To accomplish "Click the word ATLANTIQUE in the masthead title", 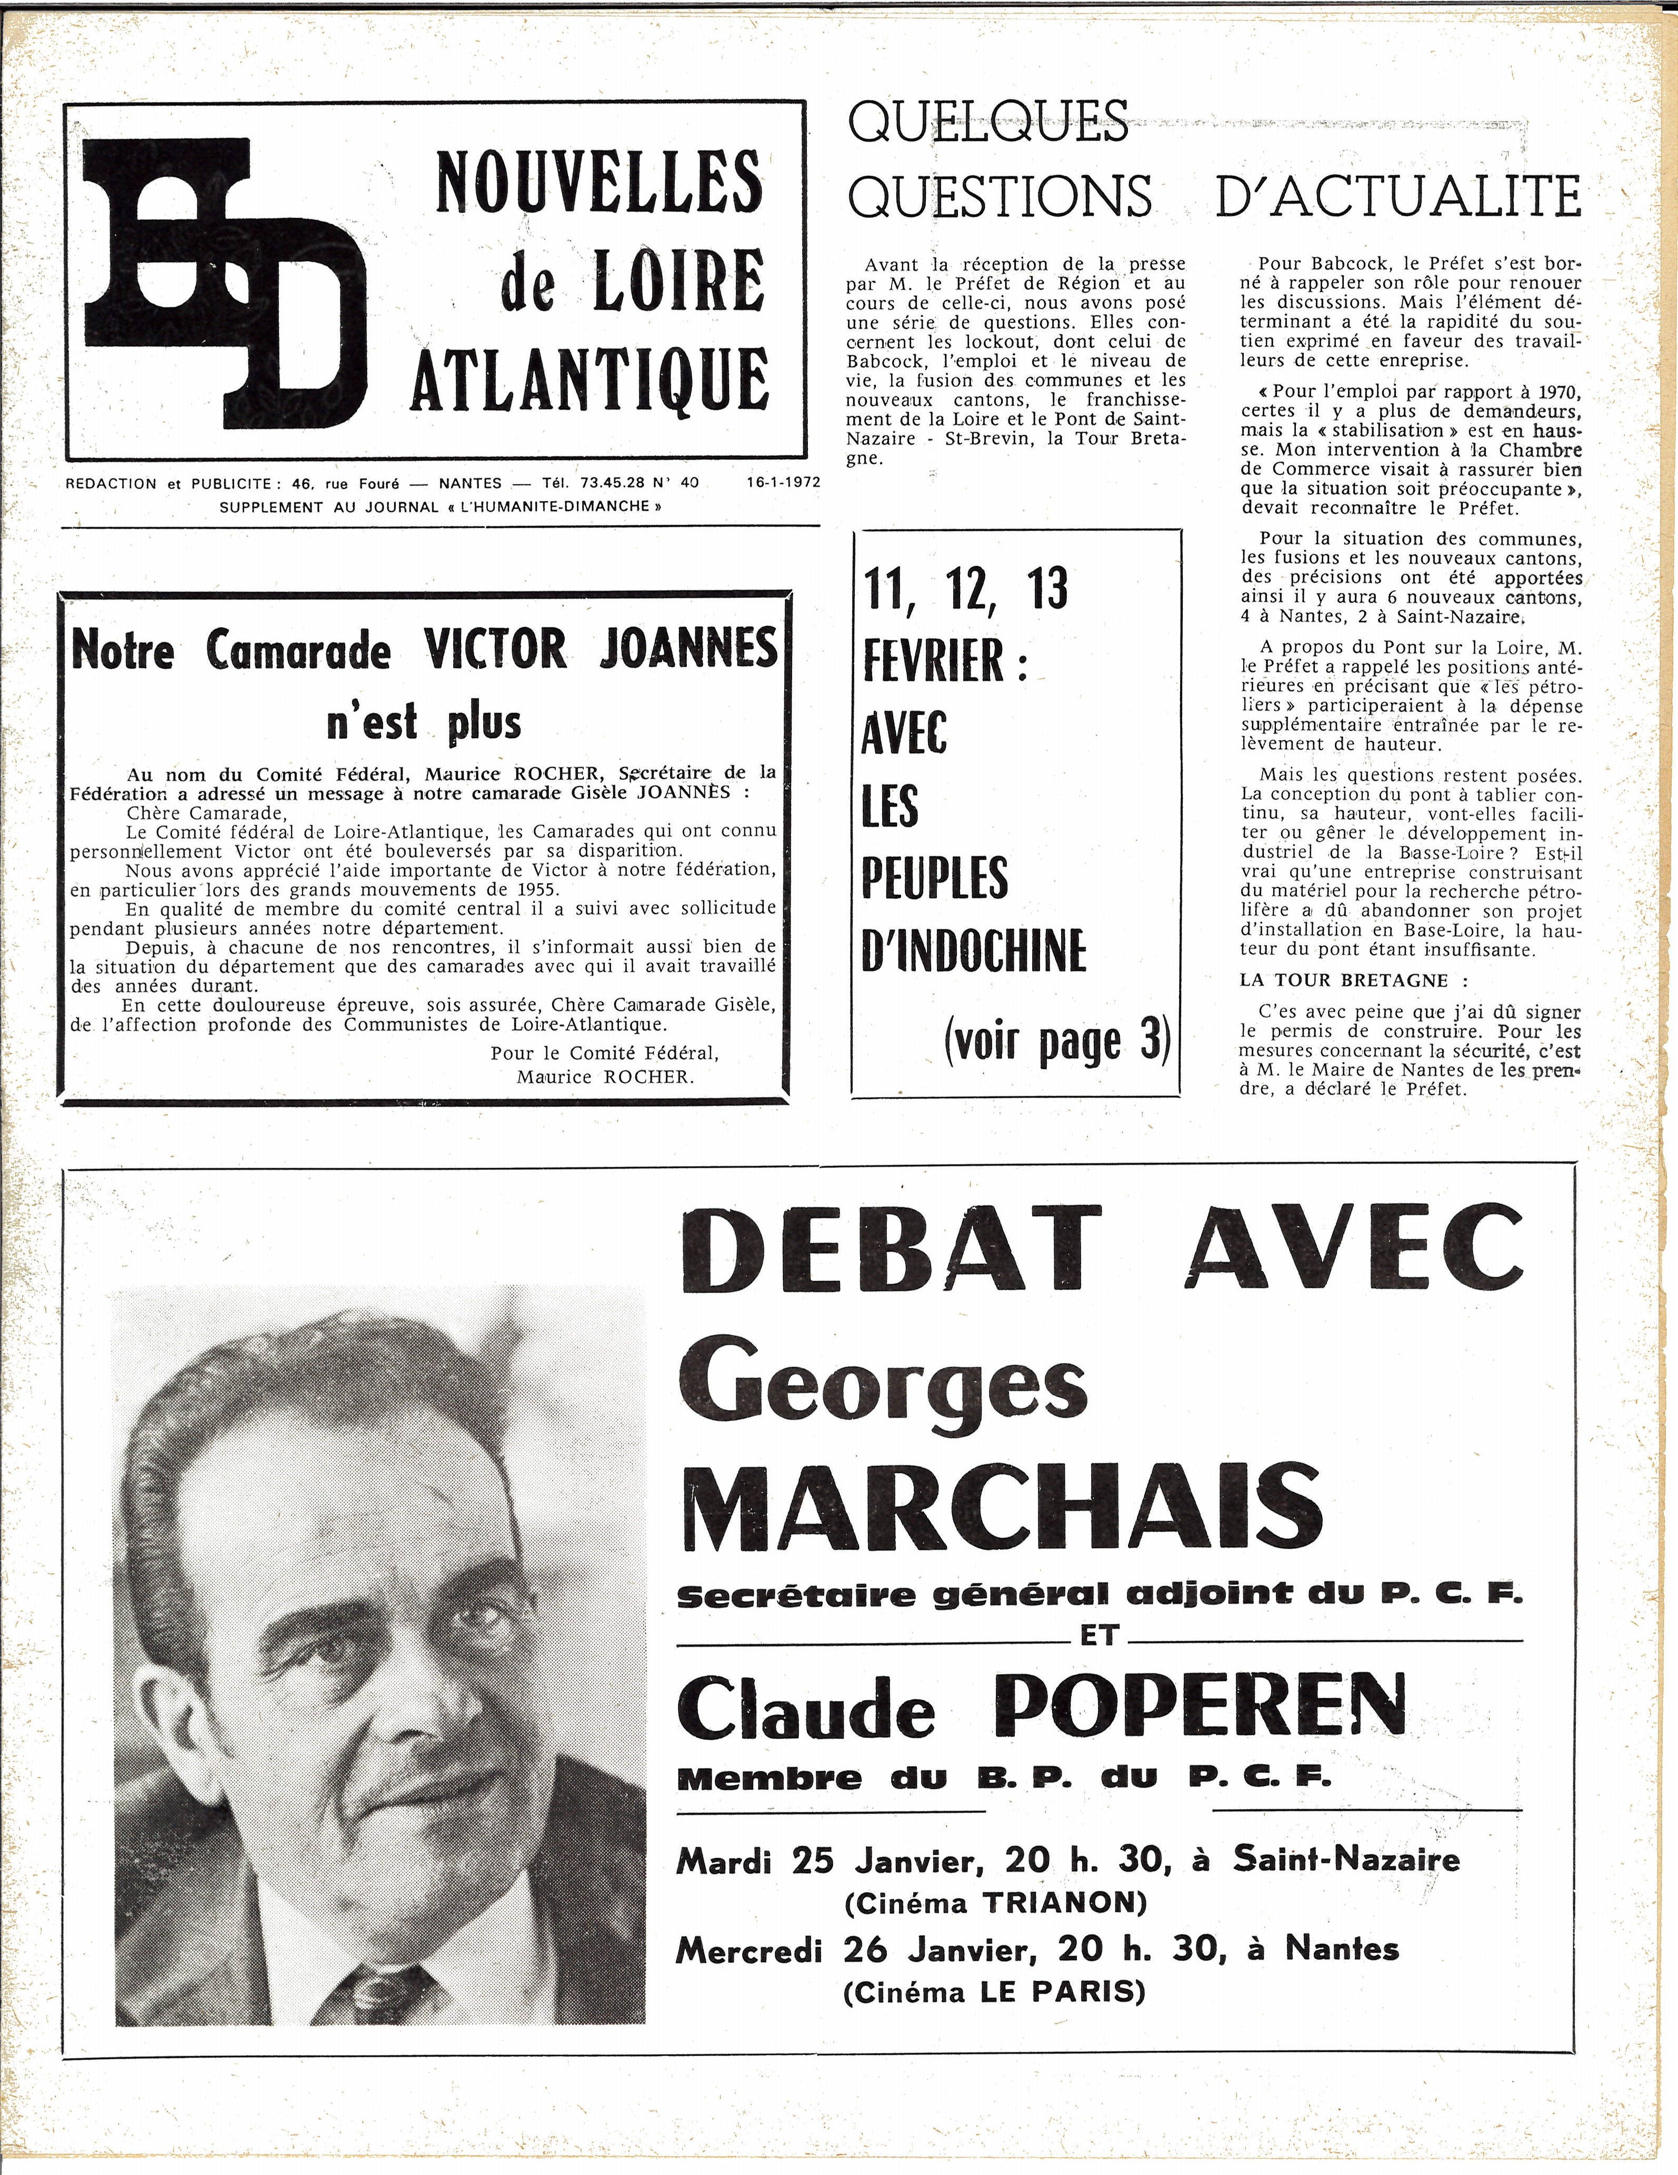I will pos(590,379).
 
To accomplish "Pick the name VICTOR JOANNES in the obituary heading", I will pos(602,650).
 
